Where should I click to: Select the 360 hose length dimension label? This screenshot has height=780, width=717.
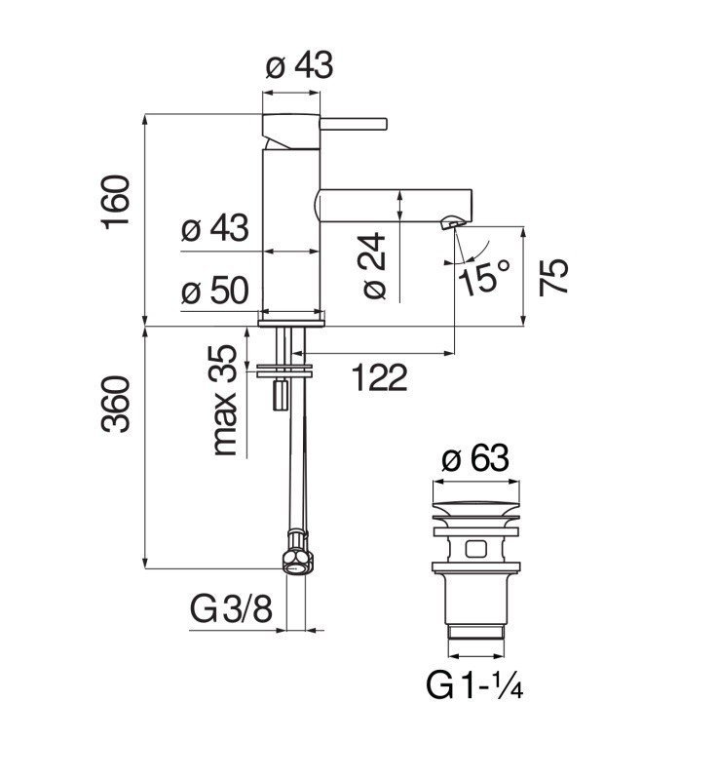point(117,405)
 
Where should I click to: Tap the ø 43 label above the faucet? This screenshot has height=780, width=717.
point(299,66)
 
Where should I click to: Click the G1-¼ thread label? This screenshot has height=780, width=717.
point(475,685)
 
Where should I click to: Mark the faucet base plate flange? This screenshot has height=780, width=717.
point(291,317)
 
